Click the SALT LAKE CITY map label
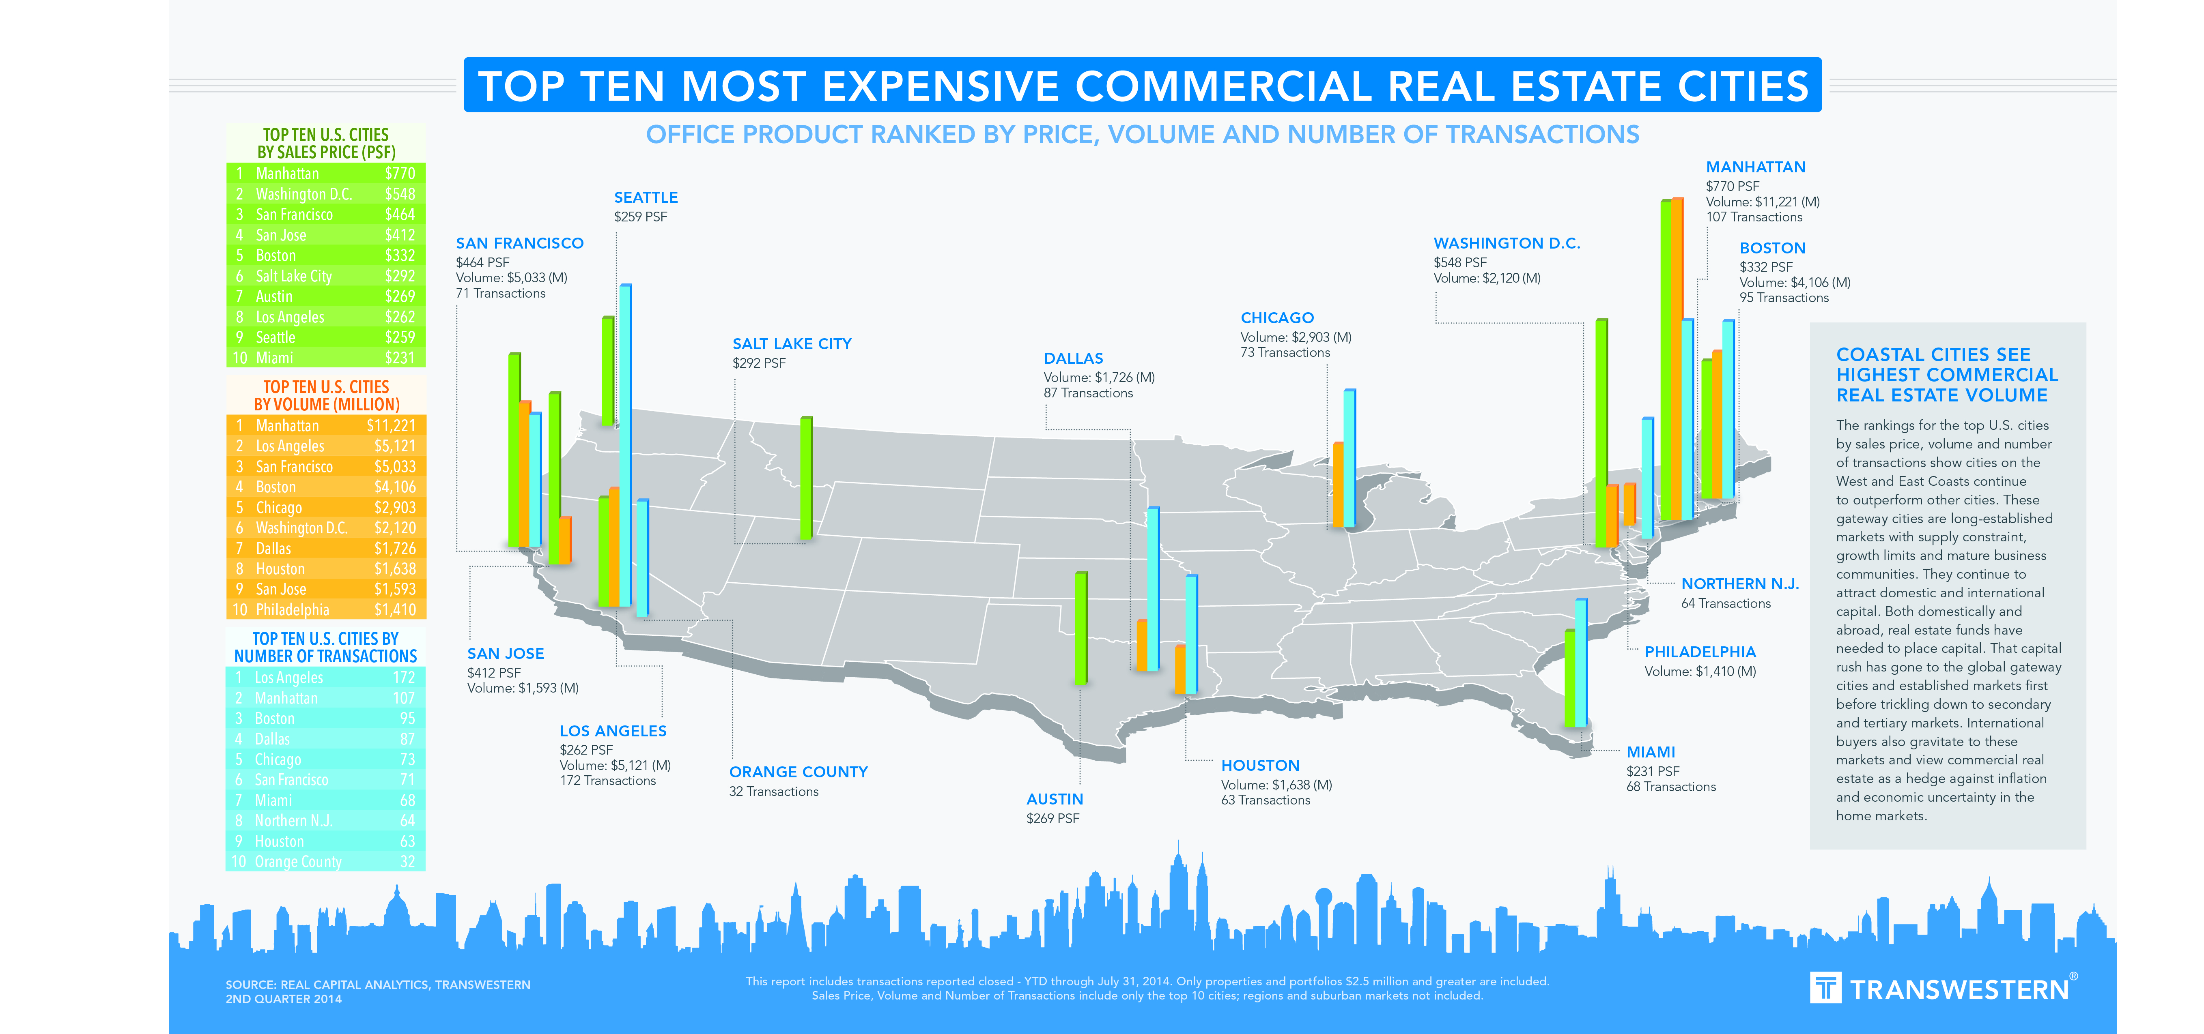(792, 344)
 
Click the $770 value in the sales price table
(400, 174)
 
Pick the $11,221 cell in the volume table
(391, 426)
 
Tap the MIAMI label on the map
(1651, 752)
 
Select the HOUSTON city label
(1259, 766)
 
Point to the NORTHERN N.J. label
(1739, 584)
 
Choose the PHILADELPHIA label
(1699, 652)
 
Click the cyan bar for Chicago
(1349, 457)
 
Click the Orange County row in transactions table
(325, 861)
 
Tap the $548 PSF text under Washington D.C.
(1459, 263)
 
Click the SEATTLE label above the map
(646, 197)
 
